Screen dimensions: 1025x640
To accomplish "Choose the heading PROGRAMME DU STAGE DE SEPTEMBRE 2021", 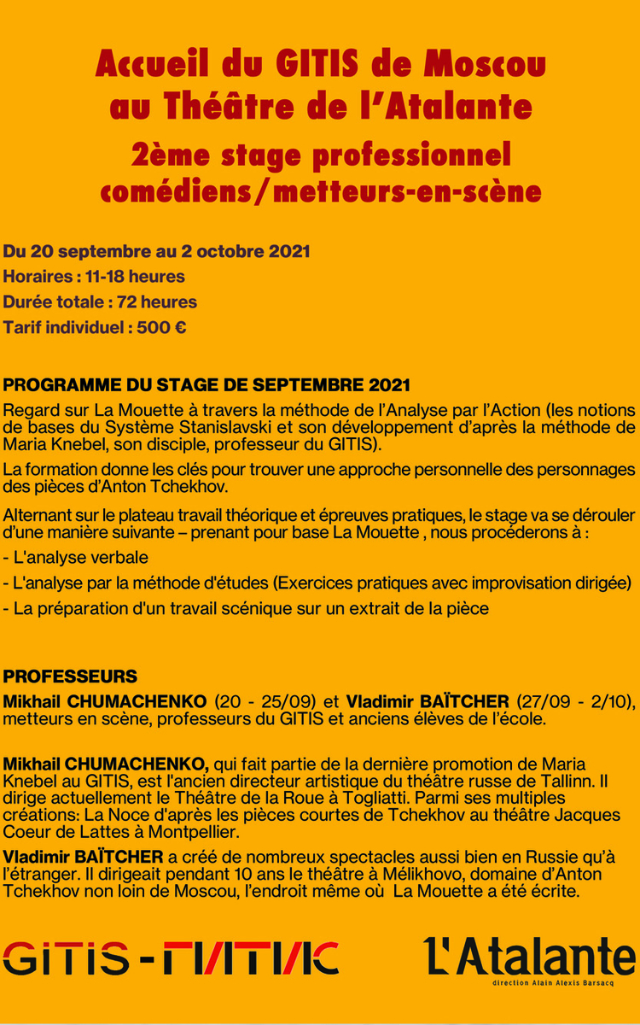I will pyautogui.click(x=207, y=384).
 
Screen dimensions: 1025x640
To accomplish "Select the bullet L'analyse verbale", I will pyautogui.click(x=76, y=558).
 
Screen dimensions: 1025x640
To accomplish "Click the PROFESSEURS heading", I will pyautogui.click(x=70, y=676).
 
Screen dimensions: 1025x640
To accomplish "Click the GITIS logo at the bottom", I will pyautogui.click(x=171, y=958).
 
